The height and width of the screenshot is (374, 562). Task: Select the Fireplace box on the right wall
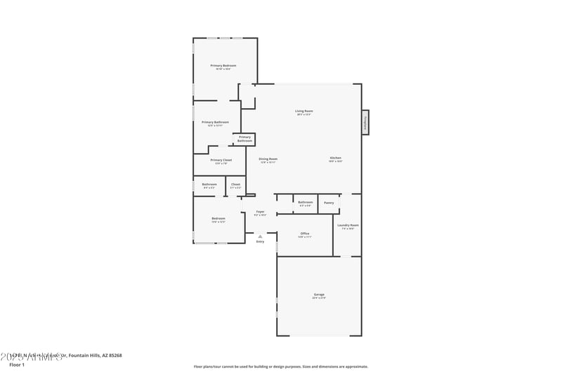(x=365, y=121)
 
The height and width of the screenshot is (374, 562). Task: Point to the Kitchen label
(x=336, y=159)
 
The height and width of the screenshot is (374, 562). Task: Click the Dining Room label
(x=268, y=160)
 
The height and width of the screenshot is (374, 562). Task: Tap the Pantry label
(x=329, y=203)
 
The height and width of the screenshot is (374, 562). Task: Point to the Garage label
(x=319, y=295)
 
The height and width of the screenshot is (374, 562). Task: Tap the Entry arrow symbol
(x=260, y=236)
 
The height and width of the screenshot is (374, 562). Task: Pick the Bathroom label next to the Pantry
(x=305, y=203)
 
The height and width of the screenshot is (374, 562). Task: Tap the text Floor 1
(x=17, y=365)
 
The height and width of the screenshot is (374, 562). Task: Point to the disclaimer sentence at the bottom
(x=280, y=366)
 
